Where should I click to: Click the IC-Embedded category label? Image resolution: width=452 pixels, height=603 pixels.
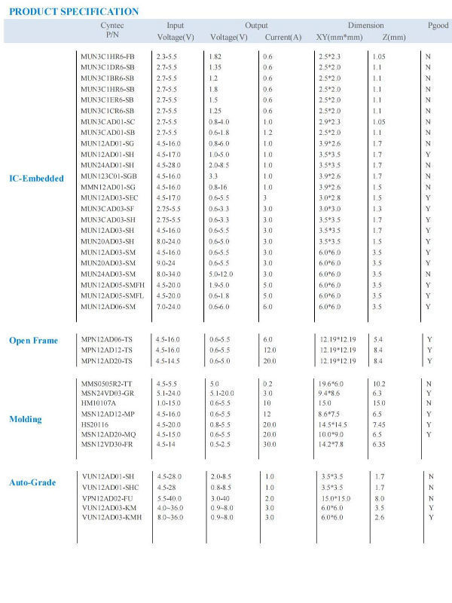pyautogui.click(x=37, y=178)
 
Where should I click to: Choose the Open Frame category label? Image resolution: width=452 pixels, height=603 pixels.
pyautogui.click(x=33, y=341)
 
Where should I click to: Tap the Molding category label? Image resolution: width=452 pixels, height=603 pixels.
pyautogui.click(x=25, y=418)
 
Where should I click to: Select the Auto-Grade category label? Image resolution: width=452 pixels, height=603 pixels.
pyautogui.click(x=32, y=482)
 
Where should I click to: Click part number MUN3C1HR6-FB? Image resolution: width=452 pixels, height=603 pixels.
pyautogui.click(x=108, y=57)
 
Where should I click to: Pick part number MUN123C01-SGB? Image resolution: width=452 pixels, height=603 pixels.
pyautogui.click(x=108, y=176)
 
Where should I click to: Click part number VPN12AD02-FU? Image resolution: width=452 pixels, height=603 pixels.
pyautogui.click(x=108, y=498)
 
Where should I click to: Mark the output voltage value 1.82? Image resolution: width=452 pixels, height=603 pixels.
pyautogui.click(x=215, y=57)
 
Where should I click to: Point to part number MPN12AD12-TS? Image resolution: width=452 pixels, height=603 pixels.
pyautogui.click(x=107, y=350)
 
